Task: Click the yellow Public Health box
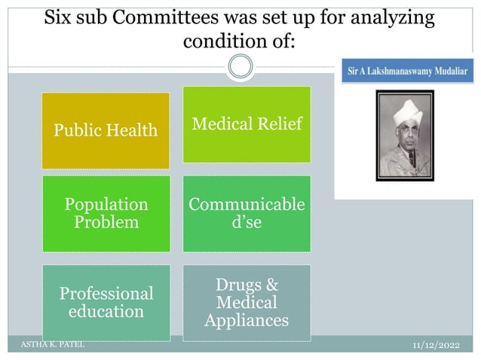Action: click(x=105, y=130)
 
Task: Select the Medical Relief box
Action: click(x=247, y=124)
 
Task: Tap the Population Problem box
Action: click(x=106, y=213)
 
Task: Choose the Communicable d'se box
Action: click(x=247, y=213)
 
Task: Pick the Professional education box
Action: click(x=106, y=302)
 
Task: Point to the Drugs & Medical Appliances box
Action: click(x=247, y=302)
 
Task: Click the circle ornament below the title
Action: click(x=240, y=66)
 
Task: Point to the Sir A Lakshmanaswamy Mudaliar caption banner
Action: click(x=407, y=71)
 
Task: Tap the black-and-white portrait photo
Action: click(x=406, y=136)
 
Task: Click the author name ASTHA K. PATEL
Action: click(x=52, y=344)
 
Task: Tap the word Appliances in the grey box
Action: click(x=247, y=320)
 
